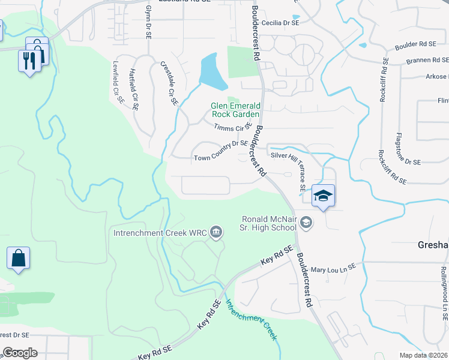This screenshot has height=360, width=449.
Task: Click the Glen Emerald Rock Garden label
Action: click(x=235, y=110)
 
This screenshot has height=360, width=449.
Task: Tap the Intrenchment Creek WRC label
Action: click(x=161, y=232)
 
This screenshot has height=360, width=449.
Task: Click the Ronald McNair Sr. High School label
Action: click(x=269, y=223)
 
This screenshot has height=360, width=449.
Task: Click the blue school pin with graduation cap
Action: click(x=323, y=197)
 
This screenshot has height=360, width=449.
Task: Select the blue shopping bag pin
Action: click(x=19, y=259)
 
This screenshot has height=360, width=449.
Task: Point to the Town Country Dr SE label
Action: click(x=221, y=158)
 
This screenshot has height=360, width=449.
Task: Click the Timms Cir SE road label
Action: click(x=233, y=127)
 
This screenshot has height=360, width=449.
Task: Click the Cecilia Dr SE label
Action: click(x=279, y=22)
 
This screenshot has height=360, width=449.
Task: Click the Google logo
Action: click(x=20, y=353)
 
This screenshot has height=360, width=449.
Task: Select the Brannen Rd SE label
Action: click(x=427, y=60)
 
